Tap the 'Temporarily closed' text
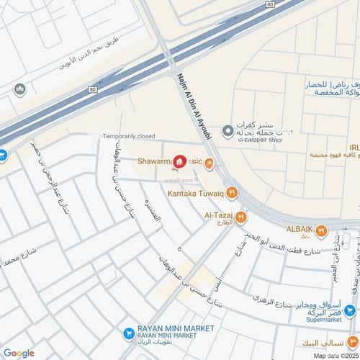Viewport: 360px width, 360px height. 129,136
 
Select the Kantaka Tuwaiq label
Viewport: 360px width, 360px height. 197,193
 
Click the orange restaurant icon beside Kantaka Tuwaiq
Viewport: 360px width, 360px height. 231,192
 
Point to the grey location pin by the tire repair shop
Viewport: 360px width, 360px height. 228,130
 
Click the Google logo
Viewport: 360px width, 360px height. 18,353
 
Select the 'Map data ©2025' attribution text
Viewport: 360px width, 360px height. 336,354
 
